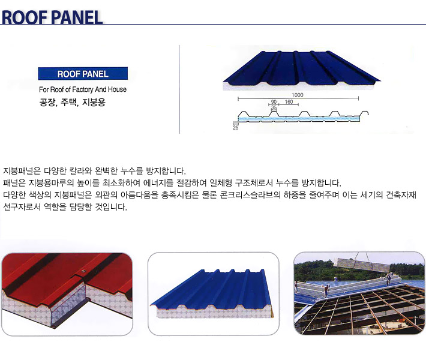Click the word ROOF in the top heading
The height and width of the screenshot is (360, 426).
click(25, 17)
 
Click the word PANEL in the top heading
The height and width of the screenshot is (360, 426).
click(77, 17)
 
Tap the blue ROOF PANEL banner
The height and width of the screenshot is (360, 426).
click(83, 74)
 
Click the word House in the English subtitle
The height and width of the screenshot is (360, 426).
click(118, 89)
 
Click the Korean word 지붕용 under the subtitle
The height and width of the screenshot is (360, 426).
click(94, 103)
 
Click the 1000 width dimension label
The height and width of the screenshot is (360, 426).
click(297, 95)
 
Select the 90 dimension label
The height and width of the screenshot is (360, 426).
click(274, 102)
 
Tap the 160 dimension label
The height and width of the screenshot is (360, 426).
click(289, 102)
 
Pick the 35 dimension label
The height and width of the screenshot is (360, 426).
click(274, 107)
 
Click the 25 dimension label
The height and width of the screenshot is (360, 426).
click(236, 127)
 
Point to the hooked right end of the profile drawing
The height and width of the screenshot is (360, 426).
click(367, 113)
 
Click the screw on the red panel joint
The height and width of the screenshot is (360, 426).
click(84, 271)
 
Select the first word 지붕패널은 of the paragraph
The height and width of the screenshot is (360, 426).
click(22, 171)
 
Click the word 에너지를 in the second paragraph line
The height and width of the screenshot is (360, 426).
click(158, 183)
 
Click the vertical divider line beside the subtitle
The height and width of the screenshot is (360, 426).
click(179, 89)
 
